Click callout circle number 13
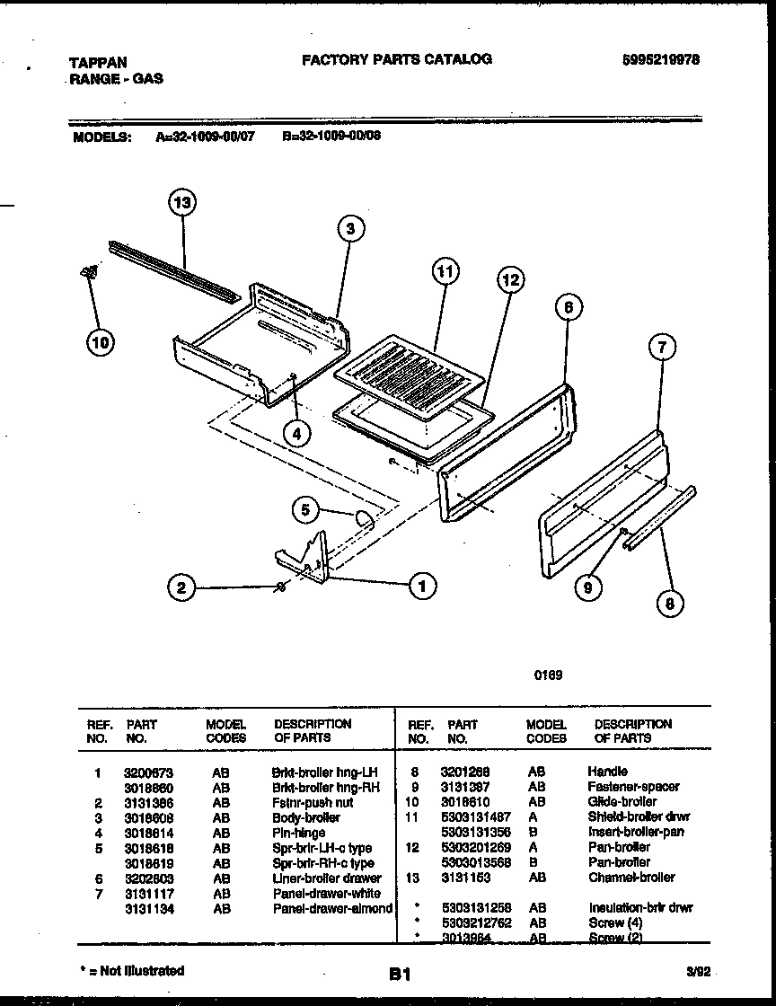pos(182,204)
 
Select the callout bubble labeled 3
pos(351,229)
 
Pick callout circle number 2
pos(182,588)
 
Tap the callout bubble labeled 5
pos(306,510)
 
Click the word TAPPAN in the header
pos(97,63)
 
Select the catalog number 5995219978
pos(660,59)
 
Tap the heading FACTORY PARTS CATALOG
pos(396,59)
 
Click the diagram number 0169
pos(550,675)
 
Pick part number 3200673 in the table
pos(148,772)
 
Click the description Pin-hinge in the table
pos(299,833)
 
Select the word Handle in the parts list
pos(608,772)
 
